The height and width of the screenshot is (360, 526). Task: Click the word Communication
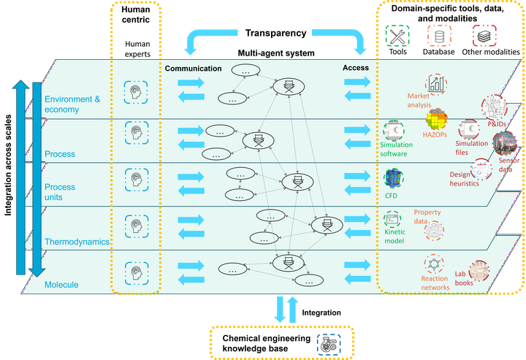click(193, 69)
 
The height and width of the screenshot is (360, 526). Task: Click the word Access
click(356, 69)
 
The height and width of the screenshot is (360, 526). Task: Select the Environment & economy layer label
click(72, 104)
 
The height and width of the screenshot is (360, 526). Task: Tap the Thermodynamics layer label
click(77, 242)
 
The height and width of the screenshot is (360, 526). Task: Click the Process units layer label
click(60, 193)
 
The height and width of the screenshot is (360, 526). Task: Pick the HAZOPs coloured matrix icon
click(437, 120)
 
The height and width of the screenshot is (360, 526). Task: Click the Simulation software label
click(396, 149)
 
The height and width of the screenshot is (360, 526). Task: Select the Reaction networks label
click(435, 283)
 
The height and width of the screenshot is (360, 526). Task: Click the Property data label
click(427, 217)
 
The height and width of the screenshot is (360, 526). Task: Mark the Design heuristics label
click(465, 179)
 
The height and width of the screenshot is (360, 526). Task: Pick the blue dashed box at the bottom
click(329, 343)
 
